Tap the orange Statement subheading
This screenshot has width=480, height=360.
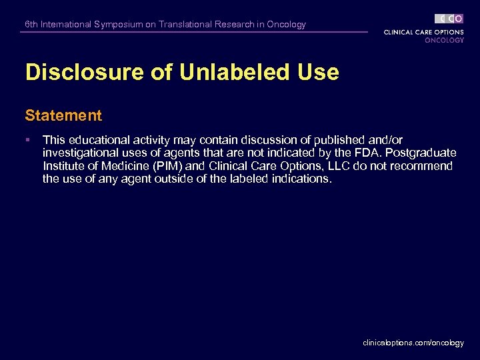pyautogui.click(x=63, y=115)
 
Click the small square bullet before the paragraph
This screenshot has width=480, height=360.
pyautogui.click(x=27, y=140)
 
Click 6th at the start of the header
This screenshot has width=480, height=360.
pyautogui.click(x=31, y=25)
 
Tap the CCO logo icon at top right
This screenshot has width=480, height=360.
pyautogui.click(x=449, y=19)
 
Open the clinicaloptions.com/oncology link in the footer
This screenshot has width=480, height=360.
pyautogui.click(x=413, y=343)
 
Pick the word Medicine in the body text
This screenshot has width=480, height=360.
pyautogui.click(x=121, y=166)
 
